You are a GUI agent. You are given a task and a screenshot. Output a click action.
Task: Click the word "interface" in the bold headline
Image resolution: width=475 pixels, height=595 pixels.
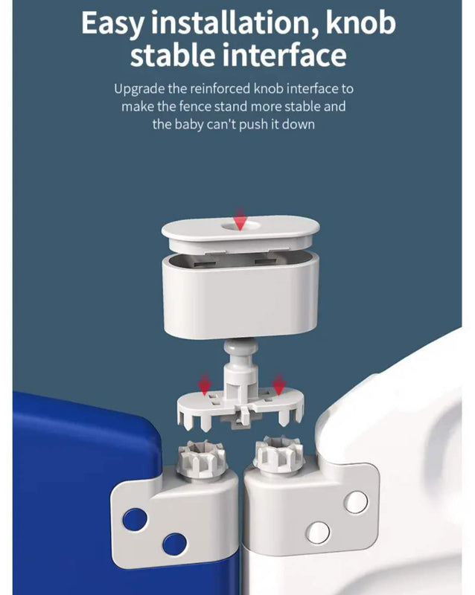[284, 54]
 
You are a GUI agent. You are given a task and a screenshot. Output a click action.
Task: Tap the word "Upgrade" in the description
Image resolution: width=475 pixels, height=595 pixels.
[139, 89]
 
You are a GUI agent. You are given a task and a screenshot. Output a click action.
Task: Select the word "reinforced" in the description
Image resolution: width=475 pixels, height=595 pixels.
[220, 89]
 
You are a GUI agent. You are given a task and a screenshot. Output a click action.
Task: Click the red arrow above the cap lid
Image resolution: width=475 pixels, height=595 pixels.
[240, 219]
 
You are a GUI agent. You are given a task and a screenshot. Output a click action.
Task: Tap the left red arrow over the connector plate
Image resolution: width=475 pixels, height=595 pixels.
[205, 384]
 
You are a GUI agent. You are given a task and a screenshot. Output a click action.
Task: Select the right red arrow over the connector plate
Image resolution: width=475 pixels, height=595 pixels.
[278, 384]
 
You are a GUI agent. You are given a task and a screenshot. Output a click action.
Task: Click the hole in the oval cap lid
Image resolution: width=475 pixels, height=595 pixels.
[241, 227]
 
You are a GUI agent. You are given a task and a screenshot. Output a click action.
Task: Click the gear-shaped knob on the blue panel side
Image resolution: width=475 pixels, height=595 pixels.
[203, 457]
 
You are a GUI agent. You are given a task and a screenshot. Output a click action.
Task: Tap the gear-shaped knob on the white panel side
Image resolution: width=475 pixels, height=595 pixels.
[278, 454]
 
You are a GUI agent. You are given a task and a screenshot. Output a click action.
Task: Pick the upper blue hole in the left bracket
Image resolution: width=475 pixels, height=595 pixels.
[135, 519]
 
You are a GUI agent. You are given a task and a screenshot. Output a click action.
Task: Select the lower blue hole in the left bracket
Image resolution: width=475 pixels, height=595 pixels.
[174, 544]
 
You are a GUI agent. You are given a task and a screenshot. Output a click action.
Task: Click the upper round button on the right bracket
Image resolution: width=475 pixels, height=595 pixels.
[356, 501]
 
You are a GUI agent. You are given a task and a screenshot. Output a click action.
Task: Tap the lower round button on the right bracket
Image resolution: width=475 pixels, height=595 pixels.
[318, 533]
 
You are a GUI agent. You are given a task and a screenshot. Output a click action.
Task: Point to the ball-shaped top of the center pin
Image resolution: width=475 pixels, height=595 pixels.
[241, 348]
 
